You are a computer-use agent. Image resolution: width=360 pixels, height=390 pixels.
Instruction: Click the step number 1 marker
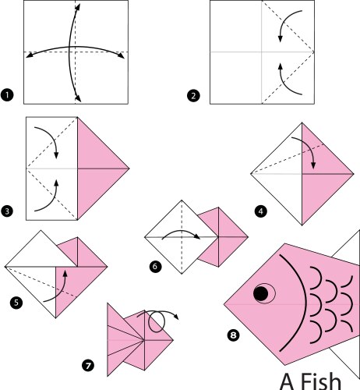(8, 96)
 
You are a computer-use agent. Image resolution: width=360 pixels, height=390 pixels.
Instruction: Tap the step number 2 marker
(192, 96)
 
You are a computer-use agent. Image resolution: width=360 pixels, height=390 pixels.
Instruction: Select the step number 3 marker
(8, 210)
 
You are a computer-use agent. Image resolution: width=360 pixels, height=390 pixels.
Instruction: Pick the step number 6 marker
(154, 266)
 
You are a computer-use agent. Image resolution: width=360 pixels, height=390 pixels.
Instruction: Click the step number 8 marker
(233, 335)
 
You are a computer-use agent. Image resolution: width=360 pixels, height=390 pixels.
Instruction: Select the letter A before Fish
(287, 381)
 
